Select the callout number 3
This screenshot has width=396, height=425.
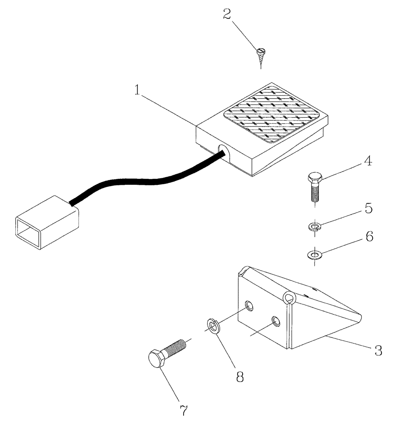(x=378, y=351)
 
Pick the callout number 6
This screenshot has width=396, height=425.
(x=369, y=237)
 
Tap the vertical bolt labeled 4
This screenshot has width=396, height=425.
(x=314, y=184)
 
